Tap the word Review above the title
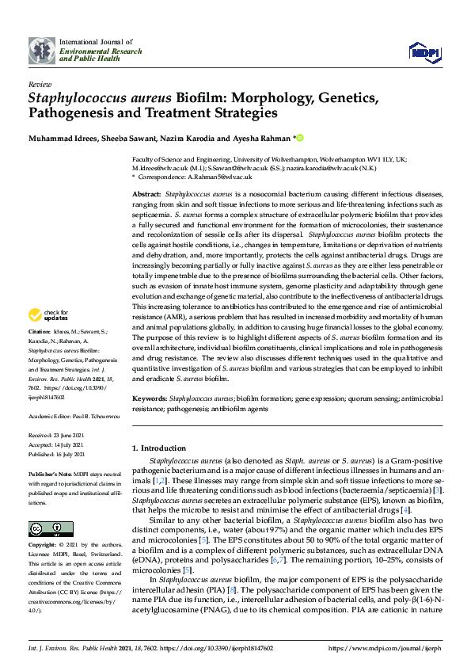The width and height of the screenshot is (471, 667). point(38,83)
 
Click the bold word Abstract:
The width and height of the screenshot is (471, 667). point(146,194)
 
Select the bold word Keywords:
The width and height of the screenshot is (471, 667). point(150,398)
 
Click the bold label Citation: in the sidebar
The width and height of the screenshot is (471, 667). point(40,353)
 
